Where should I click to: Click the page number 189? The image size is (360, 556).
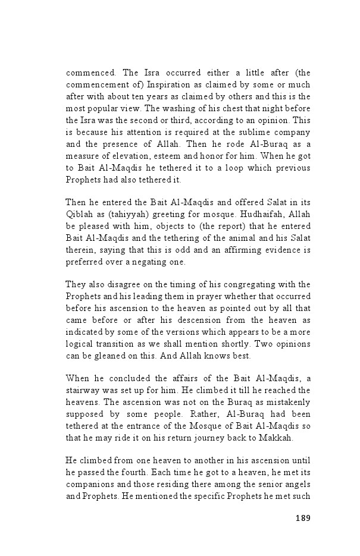[302, 517]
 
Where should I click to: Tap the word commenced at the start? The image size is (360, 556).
[90, 73]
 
